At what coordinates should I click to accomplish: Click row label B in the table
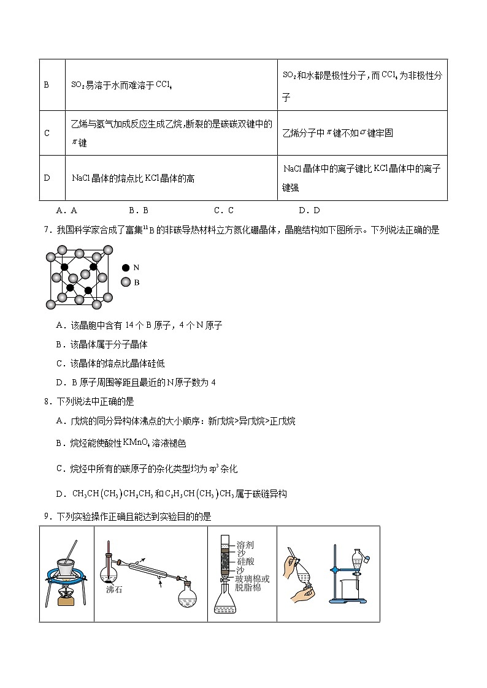pyautogui.click(x=46, y=85)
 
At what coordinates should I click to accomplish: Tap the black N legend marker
pyautogui.click(x=126, y=268)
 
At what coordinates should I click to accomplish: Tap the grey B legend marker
pyautogui.click(x=126, y=282)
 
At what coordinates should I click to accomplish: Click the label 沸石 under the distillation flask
pyautogui.click(x=114, y=589)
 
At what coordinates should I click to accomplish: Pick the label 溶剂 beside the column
pyautogui.click(x=245, y=545)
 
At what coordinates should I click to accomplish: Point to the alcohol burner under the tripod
pyautogui.click(x=66, y=595)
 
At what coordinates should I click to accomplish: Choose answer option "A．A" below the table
pyautogui.click(x=66, y=210)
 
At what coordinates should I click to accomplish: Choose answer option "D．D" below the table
pyautogui.click(x=310, y=210)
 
